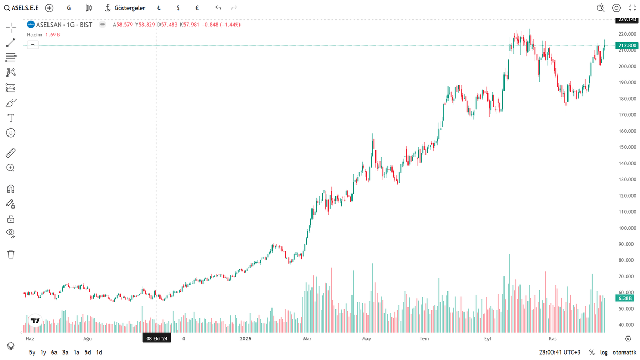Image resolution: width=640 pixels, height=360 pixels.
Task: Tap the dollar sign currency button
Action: (x=178, y=8)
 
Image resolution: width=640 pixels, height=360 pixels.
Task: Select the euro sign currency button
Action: (x=197, y=8)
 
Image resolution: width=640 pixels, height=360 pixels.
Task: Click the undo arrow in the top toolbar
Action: (x=218, y=8)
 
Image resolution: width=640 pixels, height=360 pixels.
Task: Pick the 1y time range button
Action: (x=44, y=352)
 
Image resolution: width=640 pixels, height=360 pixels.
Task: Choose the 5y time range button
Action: (x=32, y=352)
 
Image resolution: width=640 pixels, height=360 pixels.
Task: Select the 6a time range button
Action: (x=54, y=352)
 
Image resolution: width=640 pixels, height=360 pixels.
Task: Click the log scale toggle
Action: (x=604, y=352)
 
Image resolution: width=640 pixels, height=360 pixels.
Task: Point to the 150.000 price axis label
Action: (x=627, y=147)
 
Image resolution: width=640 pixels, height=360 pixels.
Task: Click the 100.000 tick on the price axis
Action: (x=627, y=228)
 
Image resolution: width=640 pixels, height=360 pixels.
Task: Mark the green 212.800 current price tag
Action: (x=627, y=46)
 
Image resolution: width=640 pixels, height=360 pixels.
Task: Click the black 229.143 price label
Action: (x=627, y=19)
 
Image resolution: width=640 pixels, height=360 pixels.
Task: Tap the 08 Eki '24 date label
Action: (x=157, y=338)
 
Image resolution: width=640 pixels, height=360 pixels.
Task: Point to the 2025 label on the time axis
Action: (x=245, y=338)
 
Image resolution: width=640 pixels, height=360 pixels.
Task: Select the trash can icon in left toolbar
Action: (x=11, y=254)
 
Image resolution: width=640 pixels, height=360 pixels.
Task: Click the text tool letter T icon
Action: (x=11, y=117)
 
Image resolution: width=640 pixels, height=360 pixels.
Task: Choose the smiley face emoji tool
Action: (x=11, y=132)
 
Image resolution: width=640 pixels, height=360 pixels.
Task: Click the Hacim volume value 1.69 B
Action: (x=53, y=34)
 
